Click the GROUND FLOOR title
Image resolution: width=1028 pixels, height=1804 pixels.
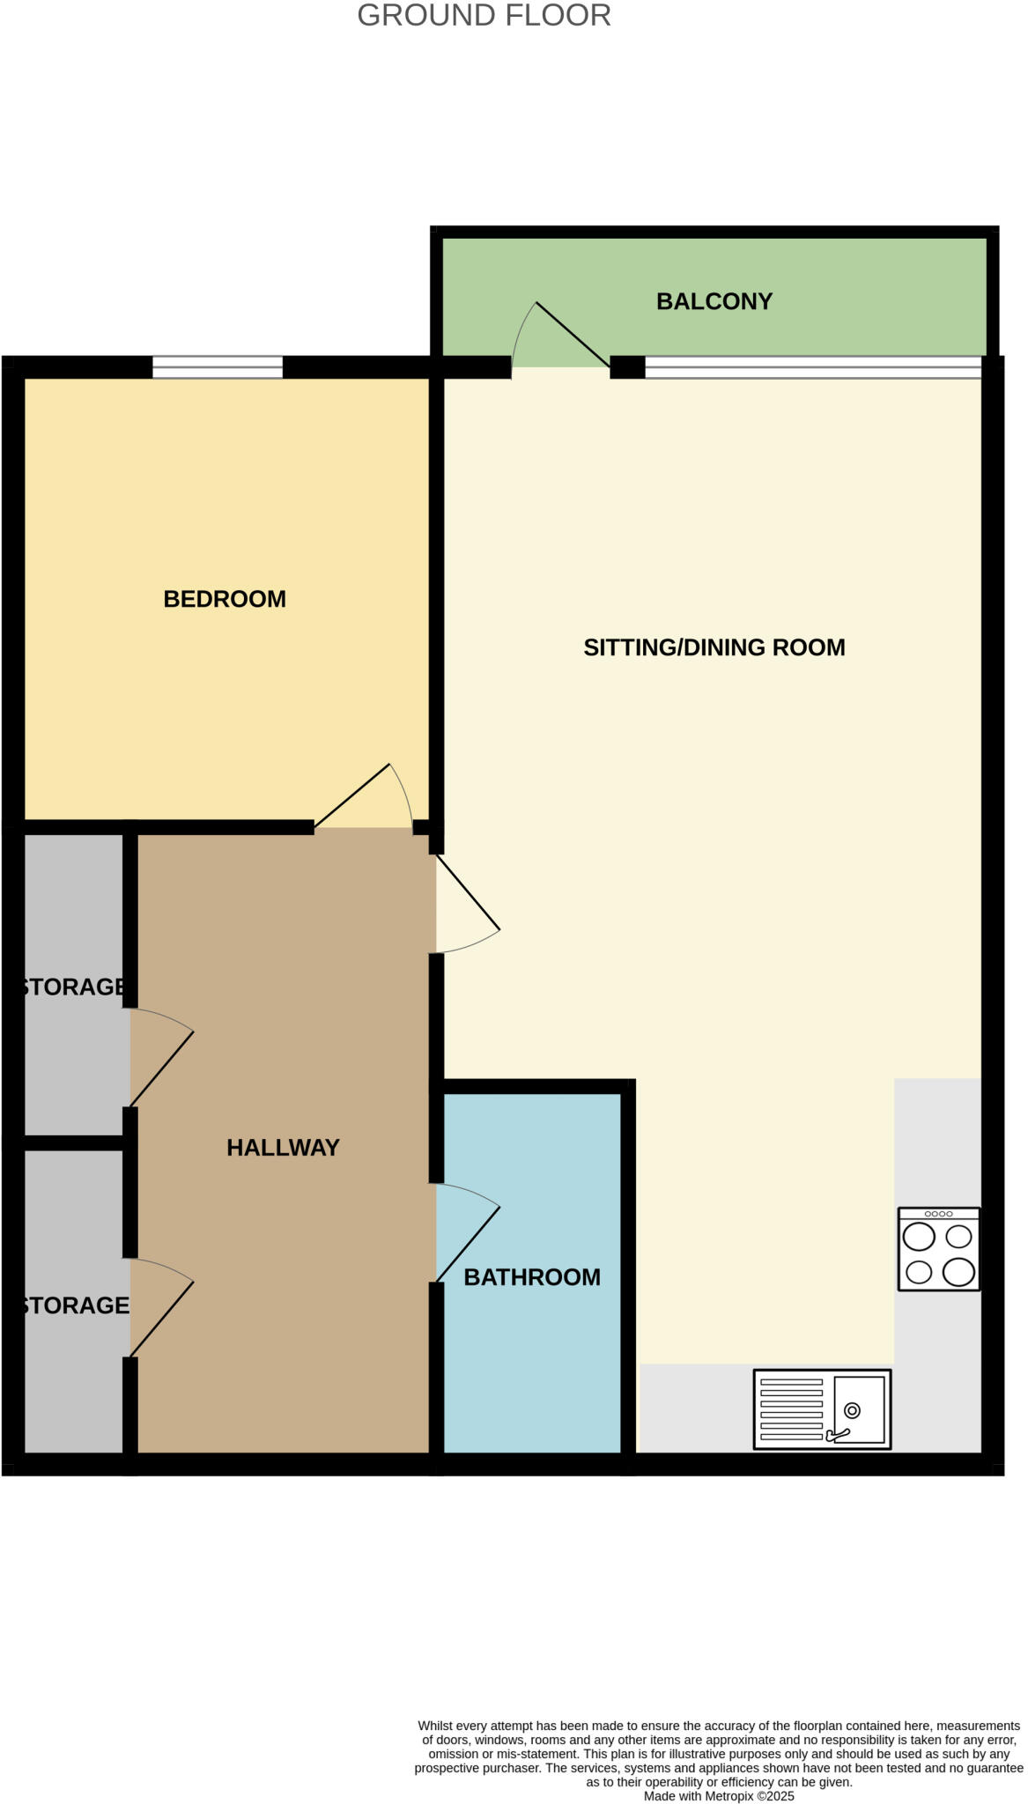tap(484, 16)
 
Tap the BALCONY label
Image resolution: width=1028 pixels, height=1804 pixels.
tap(714, 301)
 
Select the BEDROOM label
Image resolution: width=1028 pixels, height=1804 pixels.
tap(225, 599)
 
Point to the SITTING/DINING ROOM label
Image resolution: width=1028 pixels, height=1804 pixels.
tap(714, 647)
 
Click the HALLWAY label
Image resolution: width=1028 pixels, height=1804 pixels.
tap(283, 1147)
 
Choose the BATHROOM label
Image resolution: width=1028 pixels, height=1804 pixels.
tap(532, 1276)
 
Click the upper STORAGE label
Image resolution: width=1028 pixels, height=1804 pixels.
tap(75, 987)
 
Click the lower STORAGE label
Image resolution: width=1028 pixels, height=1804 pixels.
tap(75, 1305)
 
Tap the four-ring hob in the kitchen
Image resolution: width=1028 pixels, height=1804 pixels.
tap(938, 1248)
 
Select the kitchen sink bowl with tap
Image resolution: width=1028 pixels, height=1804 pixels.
tap(858, 1409)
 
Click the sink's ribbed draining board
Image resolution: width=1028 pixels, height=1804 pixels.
tap(791, 1409)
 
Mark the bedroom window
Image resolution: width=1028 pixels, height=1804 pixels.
tap(218, 366)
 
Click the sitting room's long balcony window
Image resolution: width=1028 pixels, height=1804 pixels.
tap(812, 366)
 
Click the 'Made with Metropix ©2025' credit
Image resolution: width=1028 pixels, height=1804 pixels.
tap(719, 1795)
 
